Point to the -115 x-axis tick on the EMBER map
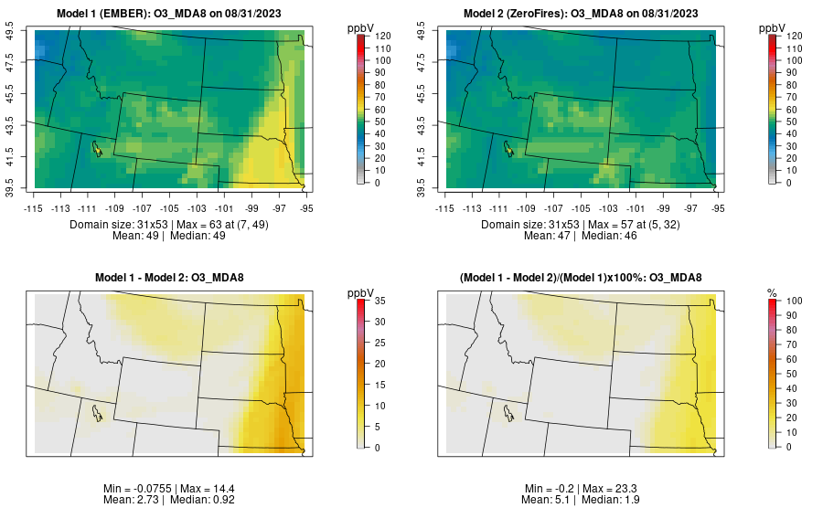34,208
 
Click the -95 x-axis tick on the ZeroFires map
718,208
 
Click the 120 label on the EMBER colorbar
383,36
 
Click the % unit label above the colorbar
772,292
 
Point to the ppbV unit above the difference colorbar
361,292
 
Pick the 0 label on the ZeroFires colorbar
789,183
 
